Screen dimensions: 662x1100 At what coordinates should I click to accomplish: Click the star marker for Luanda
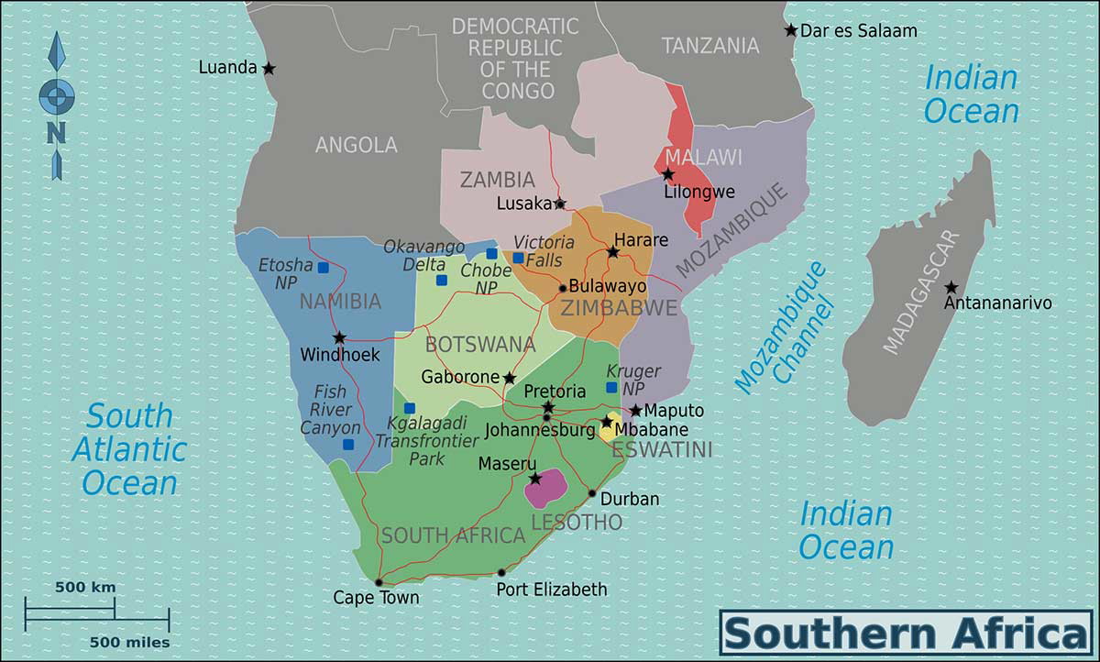tap(269, 69)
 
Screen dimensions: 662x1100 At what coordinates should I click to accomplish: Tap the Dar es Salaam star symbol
tap(791, 30)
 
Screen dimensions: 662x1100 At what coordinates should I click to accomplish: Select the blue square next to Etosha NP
tap(323, 268)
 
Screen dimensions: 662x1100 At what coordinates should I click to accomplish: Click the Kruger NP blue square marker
tap(611, 388)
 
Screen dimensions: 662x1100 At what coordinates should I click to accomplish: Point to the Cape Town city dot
tap(378, 582)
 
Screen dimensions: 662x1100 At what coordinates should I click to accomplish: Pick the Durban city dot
tap(592, 494)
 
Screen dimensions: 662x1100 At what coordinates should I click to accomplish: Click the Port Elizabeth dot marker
tap(501, 573)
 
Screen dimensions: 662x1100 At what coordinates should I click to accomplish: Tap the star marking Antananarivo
tap(951, 288)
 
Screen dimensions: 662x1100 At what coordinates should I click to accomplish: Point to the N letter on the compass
tap(56, 134)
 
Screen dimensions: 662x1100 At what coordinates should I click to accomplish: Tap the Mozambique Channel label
tap(786, 330)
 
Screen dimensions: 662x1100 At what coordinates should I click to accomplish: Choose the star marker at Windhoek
tap(340, 337)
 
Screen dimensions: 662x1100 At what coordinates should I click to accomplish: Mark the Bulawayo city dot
tap(562, 288)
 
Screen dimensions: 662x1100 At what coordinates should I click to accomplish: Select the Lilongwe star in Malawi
tap(668, 174)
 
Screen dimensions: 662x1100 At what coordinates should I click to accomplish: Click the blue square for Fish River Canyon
tap(348, 445)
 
